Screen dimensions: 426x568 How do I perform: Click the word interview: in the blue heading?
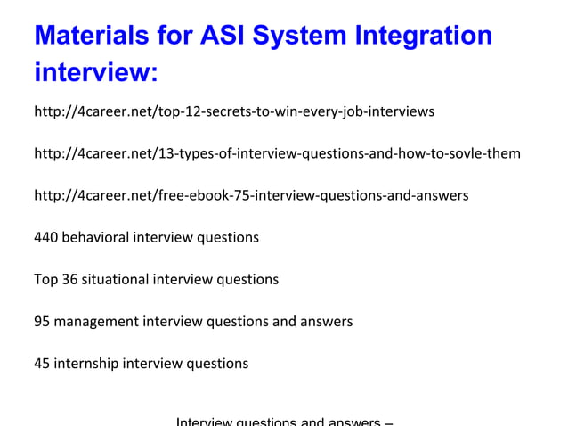95,73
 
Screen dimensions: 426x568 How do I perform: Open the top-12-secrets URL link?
233,111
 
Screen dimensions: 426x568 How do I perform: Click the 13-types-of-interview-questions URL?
277,153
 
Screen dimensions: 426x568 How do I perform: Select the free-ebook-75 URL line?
251,195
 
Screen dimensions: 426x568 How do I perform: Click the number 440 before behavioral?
45,237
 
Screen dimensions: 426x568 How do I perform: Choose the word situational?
116,279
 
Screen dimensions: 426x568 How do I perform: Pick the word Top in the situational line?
45,279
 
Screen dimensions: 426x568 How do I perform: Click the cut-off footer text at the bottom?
285,421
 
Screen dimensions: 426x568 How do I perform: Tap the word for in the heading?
174,36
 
